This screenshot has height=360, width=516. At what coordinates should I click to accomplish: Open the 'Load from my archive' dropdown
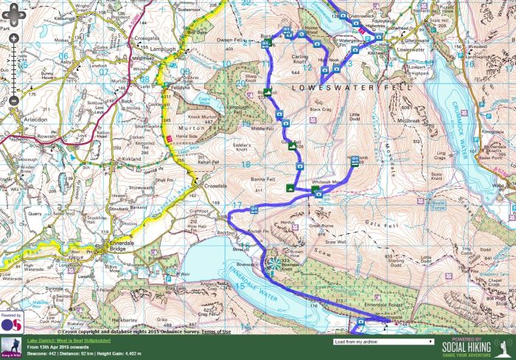click(x=383, y=342)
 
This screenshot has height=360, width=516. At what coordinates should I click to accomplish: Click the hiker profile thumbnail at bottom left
click(x=11, y=347)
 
